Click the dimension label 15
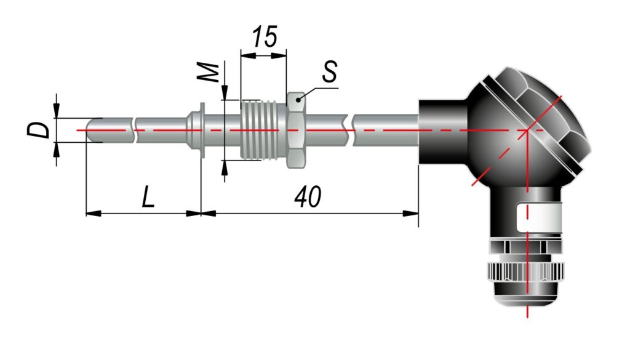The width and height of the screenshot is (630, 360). tap(263, 38)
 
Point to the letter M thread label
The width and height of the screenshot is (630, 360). tap(210, 72)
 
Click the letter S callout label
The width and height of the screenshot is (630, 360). tap(330, 72)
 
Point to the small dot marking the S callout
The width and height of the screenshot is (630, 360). tap(298, 98)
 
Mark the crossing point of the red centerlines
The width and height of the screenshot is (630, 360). tap(527, 130)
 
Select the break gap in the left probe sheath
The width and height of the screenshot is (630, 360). tap(134, 130)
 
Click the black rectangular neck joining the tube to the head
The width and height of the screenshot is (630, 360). tap(442, 130)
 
